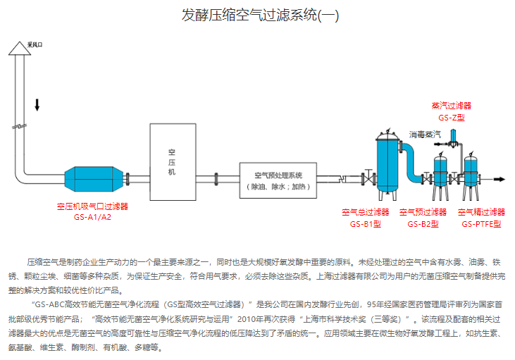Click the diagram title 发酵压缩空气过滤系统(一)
[x=260, y=15]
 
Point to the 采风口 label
[x=35, y=44]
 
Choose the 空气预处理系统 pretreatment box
[x=278, y=180]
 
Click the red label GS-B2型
[x=423, y=224]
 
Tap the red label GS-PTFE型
[x=482, y=224]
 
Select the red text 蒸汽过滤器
[x=452, y=106]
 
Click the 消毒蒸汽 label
[x=425, y=133]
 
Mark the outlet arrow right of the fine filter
[x=497, y=180]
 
